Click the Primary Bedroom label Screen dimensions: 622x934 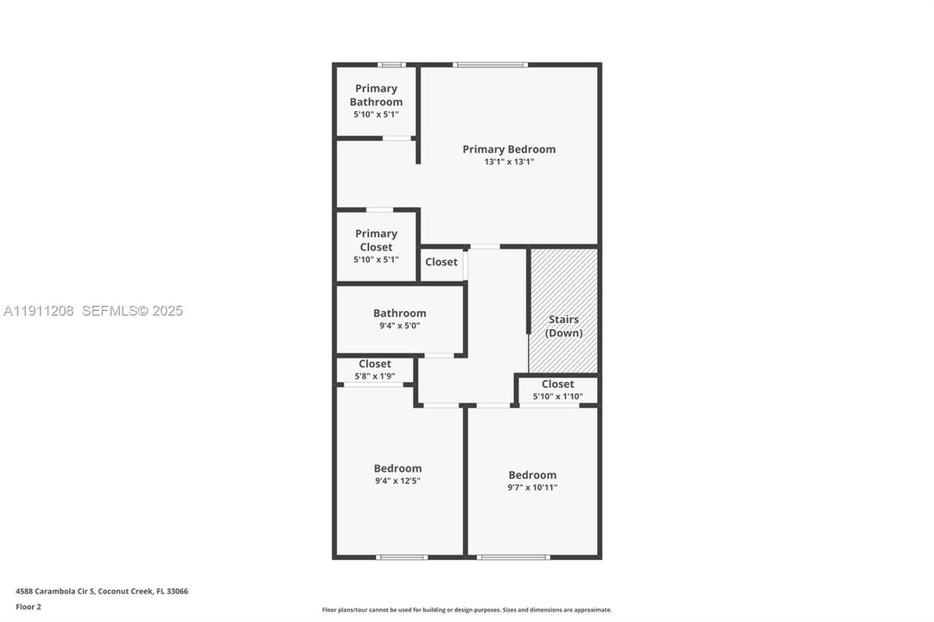click(x=509, y=149)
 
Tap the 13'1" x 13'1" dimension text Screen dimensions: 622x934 click(x=509, y=162)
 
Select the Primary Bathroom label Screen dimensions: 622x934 click(x=376, y=95)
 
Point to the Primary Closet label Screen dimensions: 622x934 click(x=376, y=240)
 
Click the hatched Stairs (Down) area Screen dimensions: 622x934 click(x=564, y=311)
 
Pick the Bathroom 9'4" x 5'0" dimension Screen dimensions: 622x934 click(x=399, y=326)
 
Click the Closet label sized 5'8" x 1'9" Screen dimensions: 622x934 click(x=375, y=364)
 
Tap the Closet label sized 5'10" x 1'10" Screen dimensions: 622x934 click(x=557, y=384)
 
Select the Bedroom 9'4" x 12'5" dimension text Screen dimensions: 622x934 click(x=397, y=481)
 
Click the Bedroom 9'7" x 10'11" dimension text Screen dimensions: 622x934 click(x=532, y=487)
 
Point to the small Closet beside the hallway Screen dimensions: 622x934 click(x=442, y=262)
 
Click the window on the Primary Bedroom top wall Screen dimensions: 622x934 click(x=491, y=64)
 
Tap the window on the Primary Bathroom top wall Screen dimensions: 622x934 click(x=392, y=64)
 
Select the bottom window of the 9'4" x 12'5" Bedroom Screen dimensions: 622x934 click(x=403, y=557)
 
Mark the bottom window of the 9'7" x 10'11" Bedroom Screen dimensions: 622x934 click(x=513, y=557)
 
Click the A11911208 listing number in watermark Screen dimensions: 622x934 click(x=39, y=311)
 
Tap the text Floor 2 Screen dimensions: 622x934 click(x=29, y=606)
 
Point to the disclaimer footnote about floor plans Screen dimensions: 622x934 click(x=467, y=610)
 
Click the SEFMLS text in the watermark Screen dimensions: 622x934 click(x=110, y=311)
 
